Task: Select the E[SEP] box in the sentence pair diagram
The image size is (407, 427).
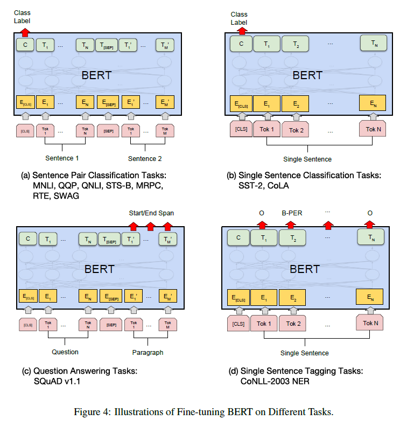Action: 108,101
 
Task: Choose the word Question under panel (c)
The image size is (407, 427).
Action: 65,352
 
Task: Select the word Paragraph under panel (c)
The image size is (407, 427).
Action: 147,353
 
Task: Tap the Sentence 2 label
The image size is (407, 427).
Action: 145,159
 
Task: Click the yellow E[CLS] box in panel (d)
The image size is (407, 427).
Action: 240,297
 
